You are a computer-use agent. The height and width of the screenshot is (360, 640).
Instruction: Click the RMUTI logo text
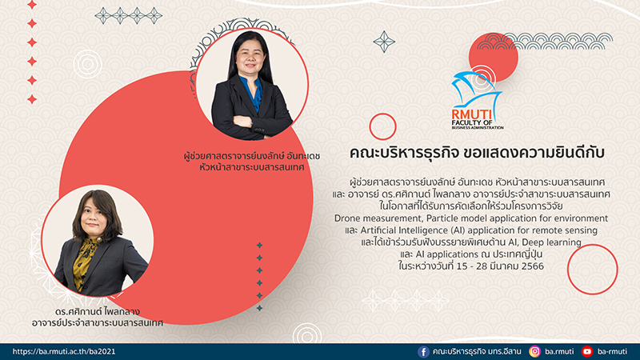[x=472, y=114]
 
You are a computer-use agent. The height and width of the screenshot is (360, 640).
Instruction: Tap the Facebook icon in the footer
[x=423, y=351]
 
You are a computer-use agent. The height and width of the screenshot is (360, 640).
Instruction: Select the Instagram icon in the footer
[x=534, y=351]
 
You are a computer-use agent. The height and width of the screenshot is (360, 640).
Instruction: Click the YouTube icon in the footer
[x=587, y=351]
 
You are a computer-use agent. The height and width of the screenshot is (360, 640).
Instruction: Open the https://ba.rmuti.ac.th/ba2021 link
[x=64, y=351]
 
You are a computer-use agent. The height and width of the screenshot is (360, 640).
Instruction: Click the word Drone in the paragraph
[x=347, y=218]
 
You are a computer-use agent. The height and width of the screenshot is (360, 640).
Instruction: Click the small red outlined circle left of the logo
[x=383, y=126]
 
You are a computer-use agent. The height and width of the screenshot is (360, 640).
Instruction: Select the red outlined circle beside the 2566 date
[x=592, y=270]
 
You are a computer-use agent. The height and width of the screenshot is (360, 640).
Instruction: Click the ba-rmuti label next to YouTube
[x=612, y=351]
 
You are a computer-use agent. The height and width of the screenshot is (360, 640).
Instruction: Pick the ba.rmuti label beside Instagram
[x=559, y=351]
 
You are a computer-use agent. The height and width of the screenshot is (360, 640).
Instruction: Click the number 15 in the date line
[x=462, y=266]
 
